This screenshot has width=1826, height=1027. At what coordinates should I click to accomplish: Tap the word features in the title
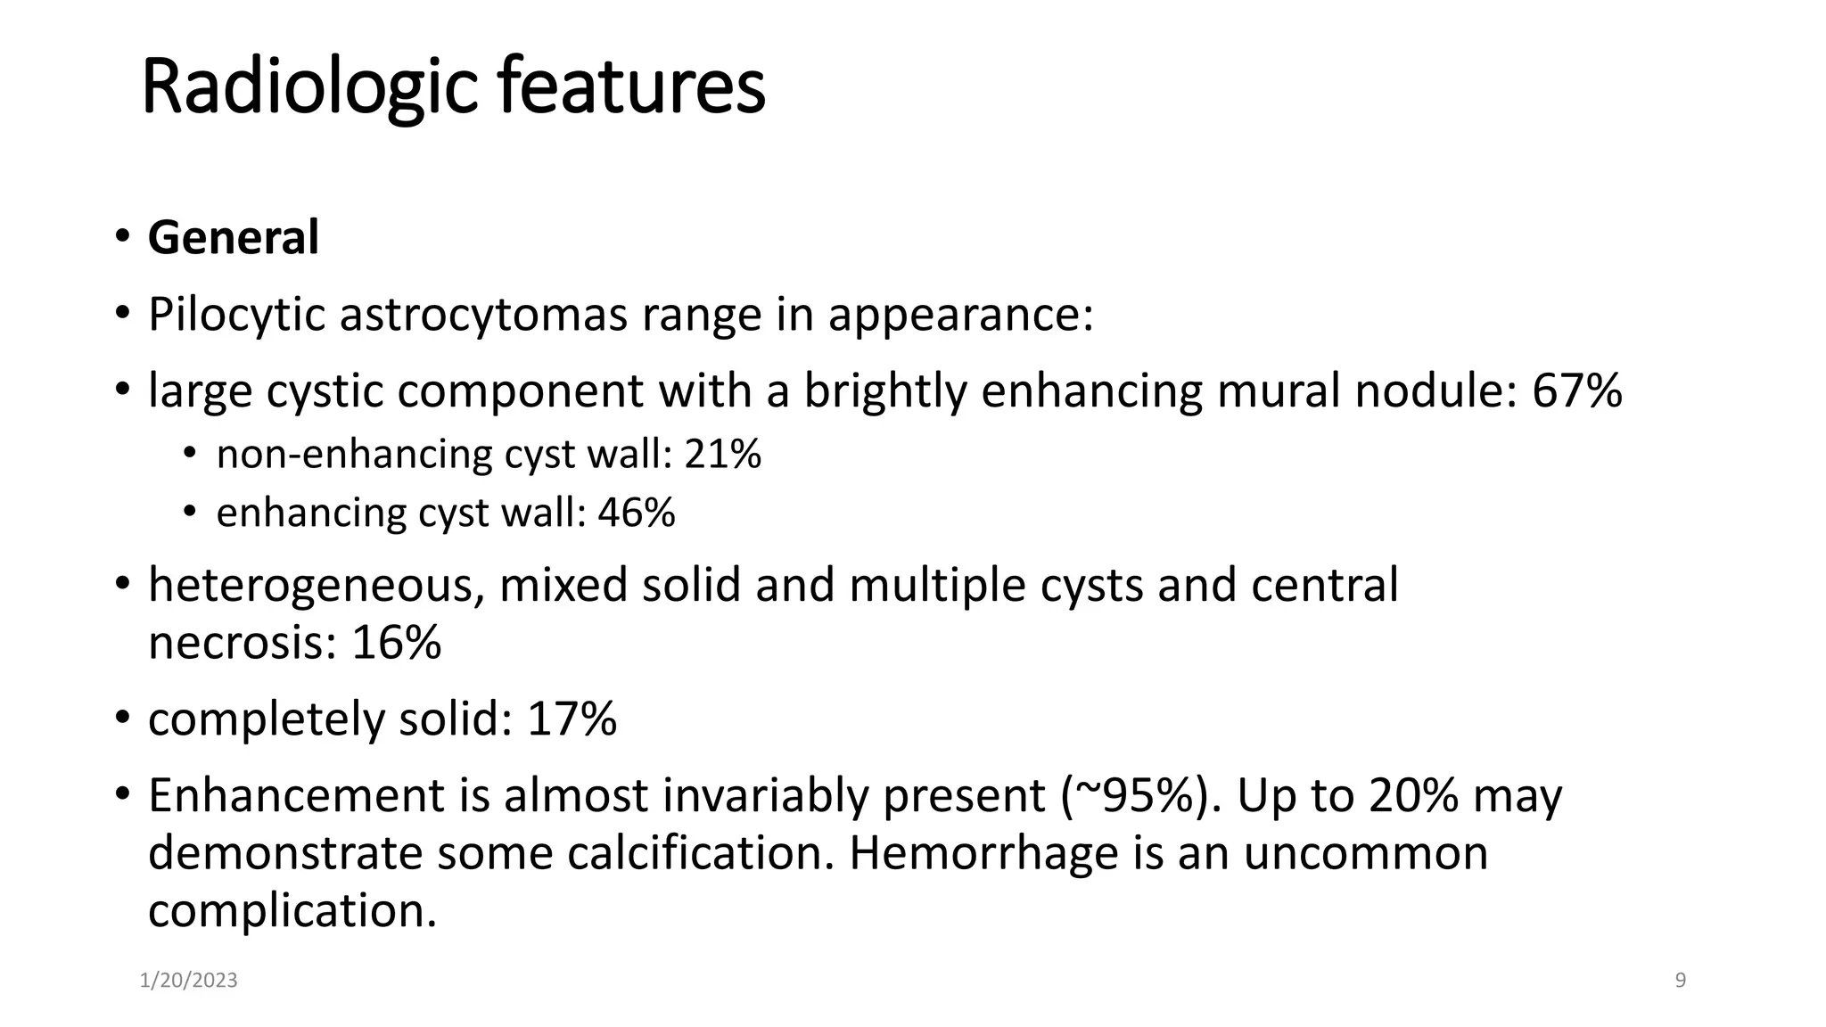coord(631,87)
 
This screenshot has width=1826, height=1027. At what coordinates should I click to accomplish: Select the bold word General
coord(234,238)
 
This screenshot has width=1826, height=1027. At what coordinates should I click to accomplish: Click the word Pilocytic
coord(236,315)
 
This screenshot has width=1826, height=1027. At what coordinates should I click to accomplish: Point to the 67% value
coord(1577,391)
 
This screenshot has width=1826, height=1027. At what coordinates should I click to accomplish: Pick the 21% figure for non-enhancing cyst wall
coord(723,455)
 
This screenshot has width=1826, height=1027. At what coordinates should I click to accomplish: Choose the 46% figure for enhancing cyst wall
coord(637,513)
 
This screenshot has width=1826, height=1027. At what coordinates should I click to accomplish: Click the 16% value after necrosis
coord(396,643)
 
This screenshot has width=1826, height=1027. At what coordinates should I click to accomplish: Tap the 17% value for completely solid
coord(572,719)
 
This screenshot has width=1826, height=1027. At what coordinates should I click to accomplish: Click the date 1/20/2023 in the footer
coord(189,981)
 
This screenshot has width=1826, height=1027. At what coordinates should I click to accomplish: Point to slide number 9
coord(1681,981)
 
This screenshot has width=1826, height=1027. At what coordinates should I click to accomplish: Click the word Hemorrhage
coord(983,853)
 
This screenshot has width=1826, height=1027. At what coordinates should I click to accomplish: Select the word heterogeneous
coord(317,586)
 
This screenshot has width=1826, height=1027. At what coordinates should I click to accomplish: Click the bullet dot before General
coord(121,237)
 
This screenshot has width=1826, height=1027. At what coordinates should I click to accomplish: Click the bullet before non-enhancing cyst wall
coord(189,454)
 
